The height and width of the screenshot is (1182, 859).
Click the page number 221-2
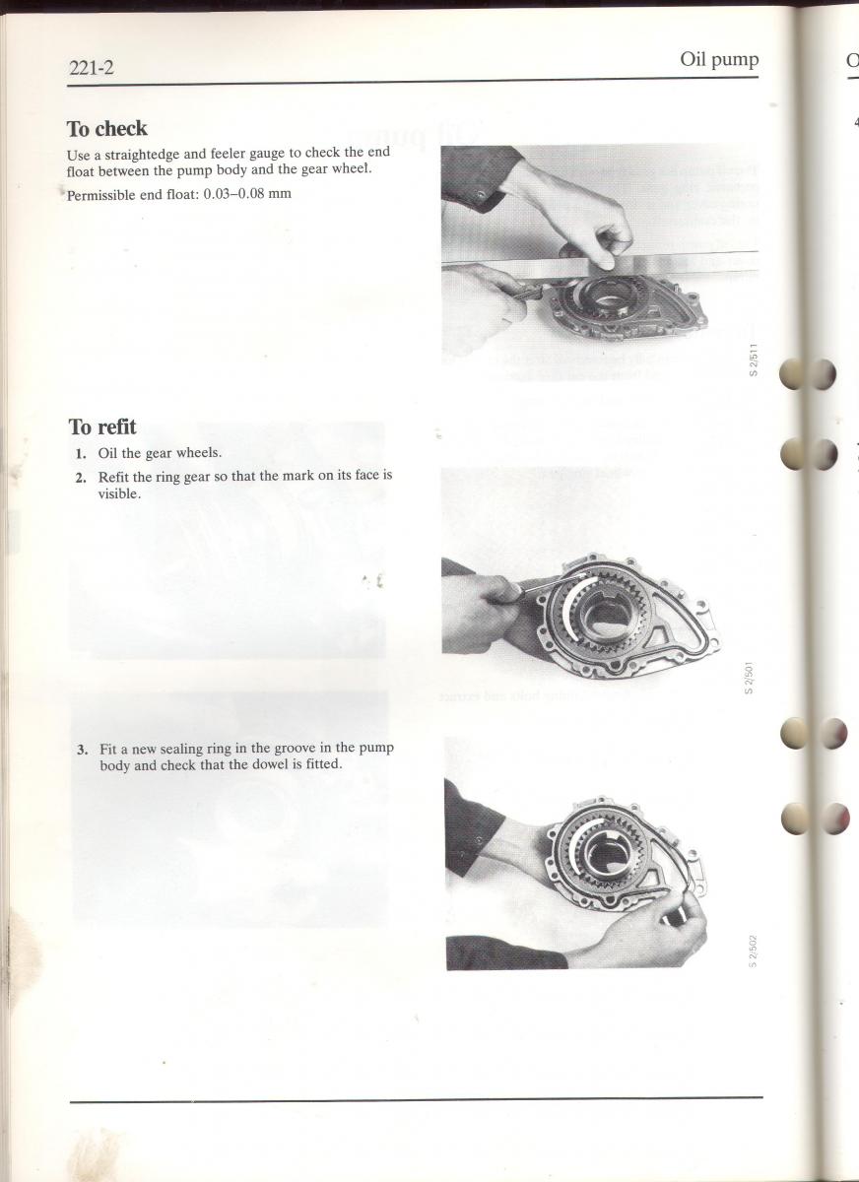pyautogui.click(x=91, y=68)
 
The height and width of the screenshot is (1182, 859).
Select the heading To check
pyautogui.click(x=106, y=128)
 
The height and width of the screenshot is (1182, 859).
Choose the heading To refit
pyautogui.click(x=102, y=427)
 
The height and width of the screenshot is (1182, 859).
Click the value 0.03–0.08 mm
pyautogui.click(x=247, y=193)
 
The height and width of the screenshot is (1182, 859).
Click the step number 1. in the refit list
pyautogui.click(x=81, y=453)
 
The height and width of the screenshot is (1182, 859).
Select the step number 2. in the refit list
pyautogui.click(x=81, y=478)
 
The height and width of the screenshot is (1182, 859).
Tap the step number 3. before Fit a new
pyautogui.click(x=83, y=750)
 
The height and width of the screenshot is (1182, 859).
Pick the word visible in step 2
pyautogui.click(x=119, y=494)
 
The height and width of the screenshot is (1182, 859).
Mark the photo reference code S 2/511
pyautogui.click(x=754, y=360)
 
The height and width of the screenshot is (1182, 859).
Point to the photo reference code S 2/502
pyautogui.click(x=753, y=952)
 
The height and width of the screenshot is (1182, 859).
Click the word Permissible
pyautogui.click(x=100, y=195)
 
